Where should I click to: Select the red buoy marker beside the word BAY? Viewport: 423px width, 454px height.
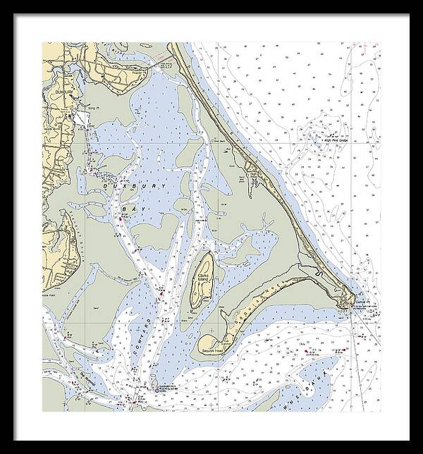click(121, 219)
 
